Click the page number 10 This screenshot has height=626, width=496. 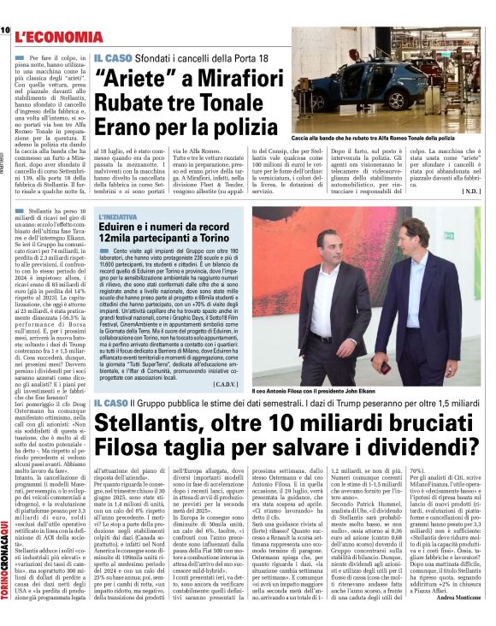(5, 31)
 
